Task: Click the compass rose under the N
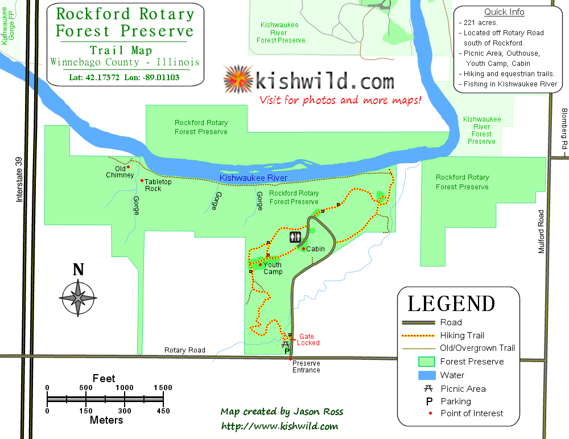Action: pyautogui.click(x=78, y=296)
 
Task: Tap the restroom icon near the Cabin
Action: pyautogui.click(x=295, y=237)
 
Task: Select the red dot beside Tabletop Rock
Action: pyautogui.click(x=142, y=181)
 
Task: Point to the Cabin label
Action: pyautogui.click(x=315, y=249)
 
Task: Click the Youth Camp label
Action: pyautogui.click(x=273, y=268)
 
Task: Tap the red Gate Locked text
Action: pyautogui.click(x=309, y=339)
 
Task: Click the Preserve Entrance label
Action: pyautogui.click(x=306, y=367)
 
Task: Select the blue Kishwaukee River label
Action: pyautogui.click(x=253, y=178)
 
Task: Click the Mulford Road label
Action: pyautogui.click(x=542, y=231)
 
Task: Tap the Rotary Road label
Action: pyautogui.click(x=184, y=350)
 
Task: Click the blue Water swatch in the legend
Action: pyautogui.click(x=427, y=375)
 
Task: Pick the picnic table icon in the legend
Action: pyautogui.click(x=428, y=389)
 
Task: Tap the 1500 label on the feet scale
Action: pyautogui.click(x=163, y=388)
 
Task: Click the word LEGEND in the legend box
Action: pyautogui.click(x=451, y=304)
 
